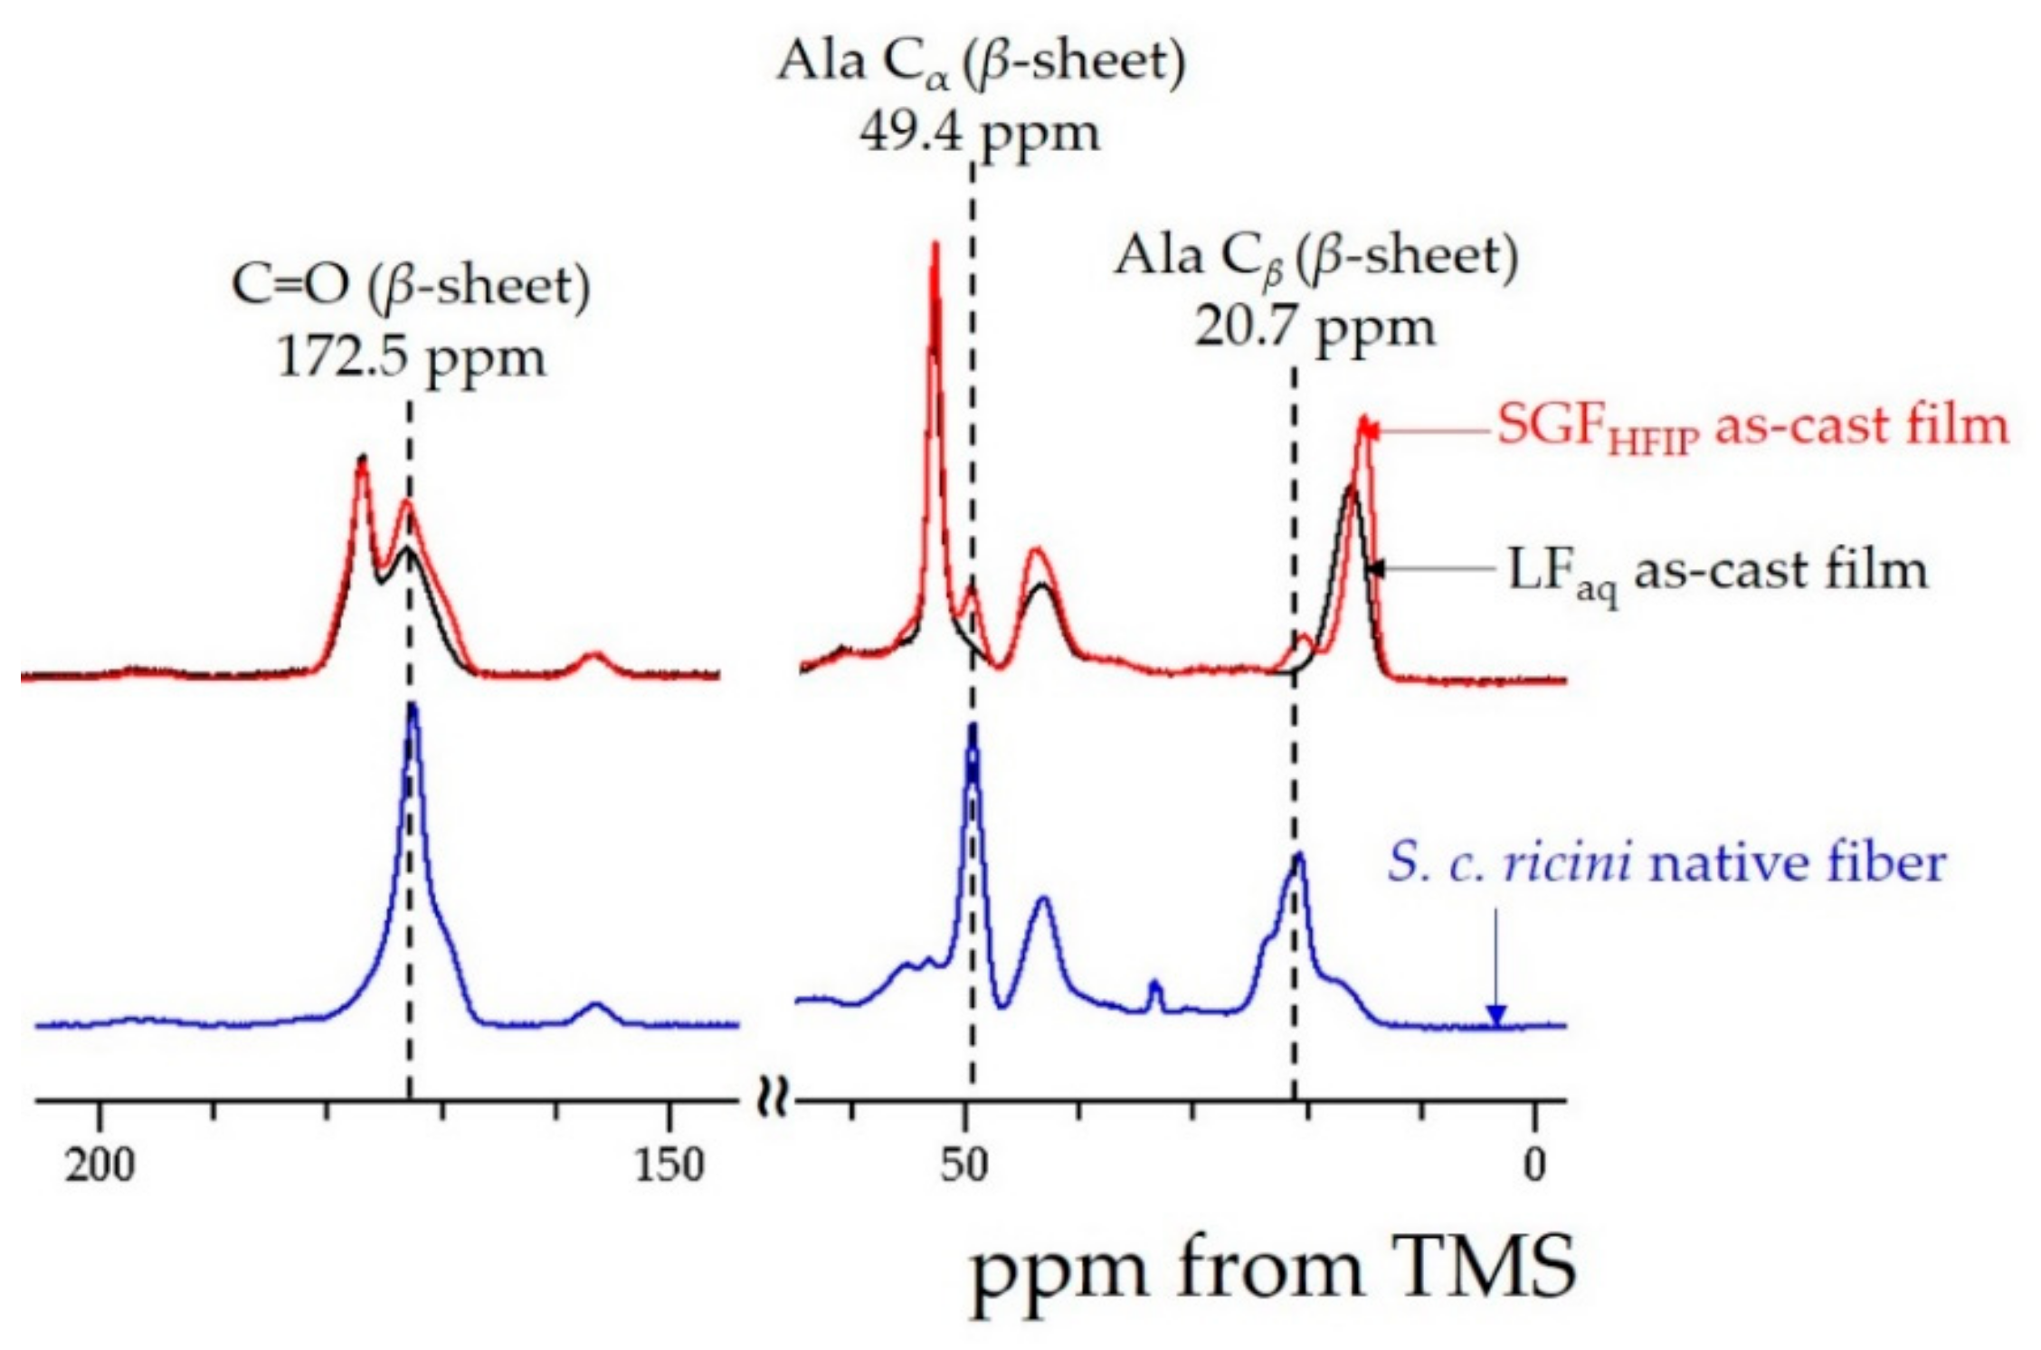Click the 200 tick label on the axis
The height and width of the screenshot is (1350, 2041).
pyautogui.click(x=100, y=1165)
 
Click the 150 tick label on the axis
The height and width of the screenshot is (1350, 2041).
pyautogui.click(x=669, y=1165)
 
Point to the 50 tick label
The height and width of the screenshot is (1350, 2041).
pyautogui.click(x=964, y=1165)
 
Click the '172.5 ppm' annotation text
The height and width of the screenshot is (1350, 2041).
pyautogui.click(x=411, y=359)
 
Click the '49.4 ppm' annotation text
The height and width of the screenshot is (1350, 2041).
pyautogui.click(x=980, y=134)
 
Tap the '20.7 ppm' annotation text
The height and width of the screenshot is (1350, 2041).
pyautogui.click(x=1315, y=328)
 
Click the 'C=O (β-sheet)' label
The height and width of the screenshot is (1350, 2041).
pyautogui.click(x=411, y=286)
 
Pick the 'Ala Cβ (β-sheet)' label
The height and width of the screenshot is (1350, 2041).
pyautogui.click(x=1315, y=257)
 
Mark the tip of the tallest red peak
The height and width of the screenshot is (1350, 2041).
pyautogui.click(x=935, y=244)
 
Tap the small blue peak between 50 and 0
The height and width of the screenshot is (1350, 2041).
pyautogui.click(x=1153, y=983)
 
